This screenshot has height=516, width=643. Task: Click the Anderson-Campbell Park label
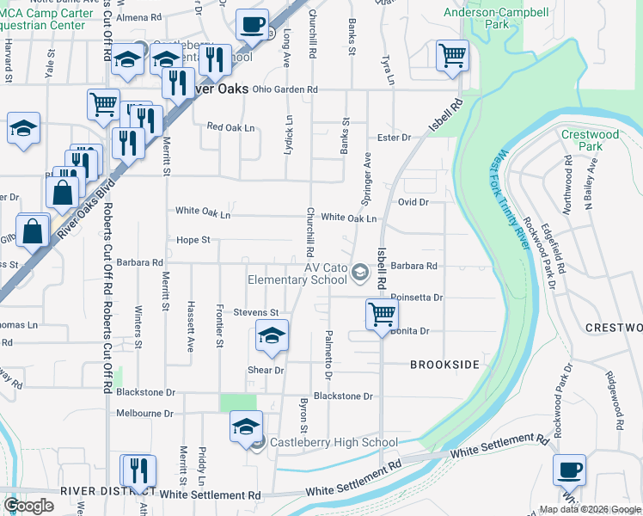click(496, 19)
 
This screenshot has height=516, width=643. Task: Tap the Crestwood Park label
click(590, 140)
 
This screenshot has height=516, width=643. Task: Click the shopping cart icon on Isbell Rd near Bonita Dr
click(382, 314)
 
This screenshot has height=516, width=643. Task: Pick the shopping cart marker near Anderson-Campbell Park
click(452, 56)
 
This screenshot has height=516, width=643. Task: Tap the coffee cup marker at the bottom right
click(569, 470)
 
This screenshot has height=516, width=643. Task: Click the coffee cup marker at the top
click(252, 25)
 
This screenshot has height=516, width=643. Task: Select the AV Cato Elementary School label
click(297, 273)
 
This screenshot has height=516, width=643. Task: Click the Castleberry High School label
click(334, 443)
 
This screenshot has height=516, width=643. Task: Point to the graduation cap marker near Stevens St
click(272, 335)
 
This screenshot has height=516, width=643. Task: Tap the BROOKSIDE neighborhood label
click(444, 365)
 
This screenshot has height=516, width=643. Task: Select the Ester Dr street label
click(395, 138)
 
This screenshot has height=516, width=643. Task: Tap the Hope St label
click(193, 240)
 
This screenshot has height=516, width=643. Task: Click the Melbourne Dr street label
click(144, 413)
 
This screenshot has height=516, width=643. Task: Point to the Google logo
click(28, 505)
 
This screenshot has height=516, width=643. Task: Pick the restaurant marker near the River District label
click(138, 470)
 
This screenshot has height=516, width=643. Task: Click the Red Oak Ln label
click(231, 127)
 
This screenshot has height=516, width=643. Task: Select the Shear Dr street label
click(266, 371)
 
